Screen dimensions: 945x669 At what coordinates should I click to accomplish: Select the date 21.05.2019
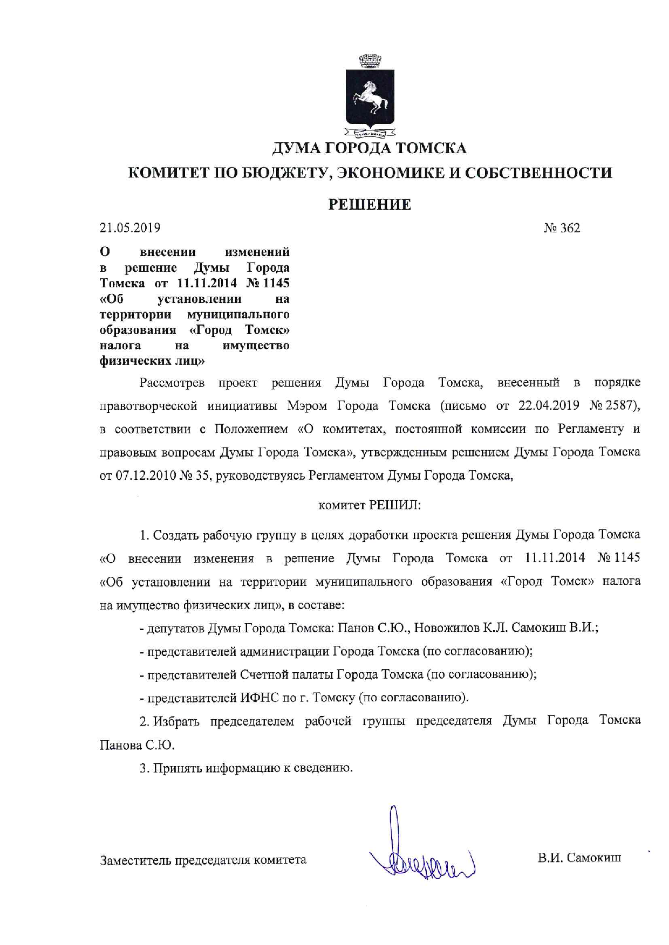130,228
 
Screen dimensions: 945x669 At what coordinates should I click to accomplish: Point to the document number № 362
562,228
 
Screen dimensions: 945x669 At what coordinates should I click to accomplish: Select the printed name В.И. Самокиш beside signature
579,857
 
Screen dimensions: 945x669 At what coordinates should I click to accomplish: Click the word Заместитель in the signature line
135,860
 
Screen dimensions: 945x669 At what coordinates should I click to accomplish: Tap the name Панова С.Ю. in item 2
137,745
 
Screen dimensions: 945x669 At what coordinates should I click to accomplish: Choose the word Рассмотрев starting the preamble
172,383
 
